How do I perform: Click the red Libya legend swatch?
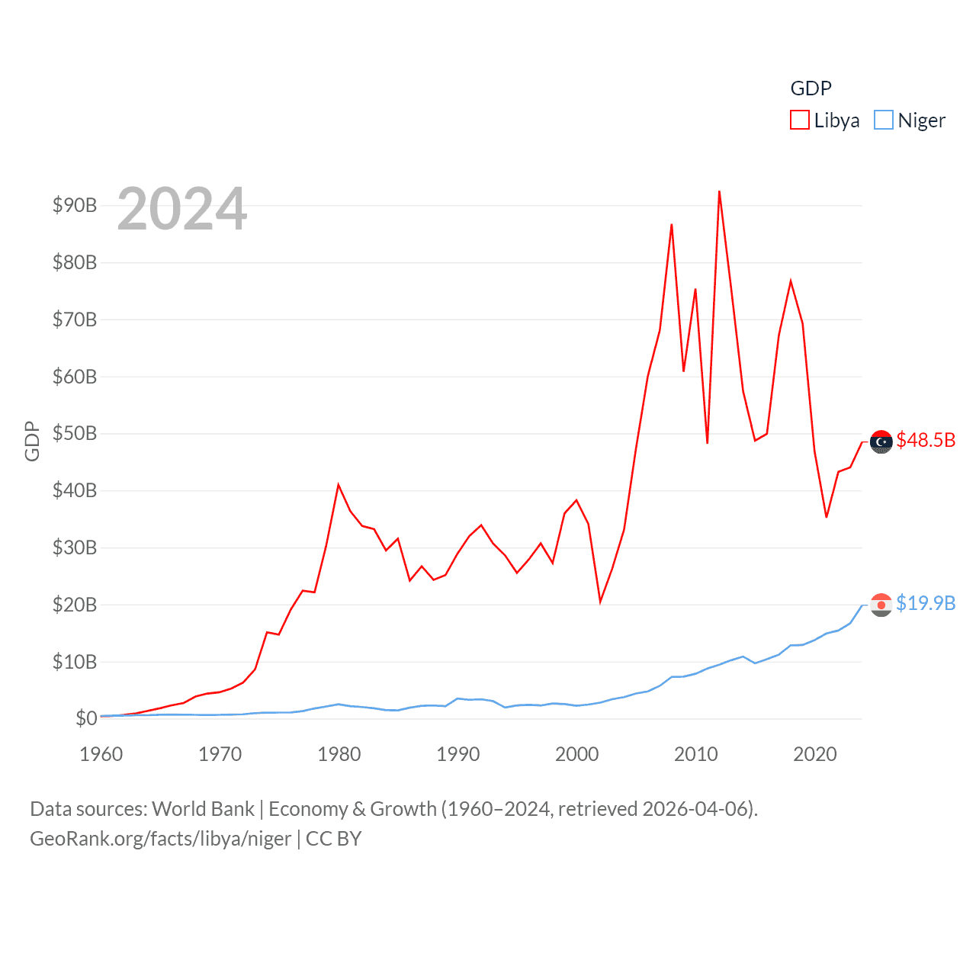pos(799,120)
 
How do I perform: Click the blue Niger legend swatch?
pos(883,120)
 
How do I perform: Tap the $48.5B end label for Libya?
pos(926,440)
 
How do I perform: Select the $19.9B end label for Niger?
pos(926,603)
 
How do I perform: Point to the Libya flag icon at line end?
pos(881,441)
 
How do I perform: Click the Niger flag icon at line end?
pos(881,605)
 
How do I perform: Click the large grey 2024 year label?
pos(182,209)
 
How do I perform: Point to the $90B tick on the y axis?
pos(75,205)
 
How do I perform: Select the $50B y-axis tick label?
pos(75,433)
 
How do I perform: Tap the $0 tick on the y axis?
pos(86,718)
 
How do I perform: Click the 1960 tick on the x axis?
pos(101,754)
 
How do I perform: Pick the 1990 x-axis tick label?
pos(458,754)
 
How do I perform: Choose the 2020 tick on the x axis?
pos(815,754)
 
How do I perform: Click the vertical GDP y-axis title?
pos(32,441)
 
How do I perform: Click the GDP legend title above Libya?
pos(811,88)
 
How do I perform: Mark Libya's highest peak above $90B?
pos(719,191)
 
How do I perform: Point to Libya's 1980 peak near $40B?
pos(339,485)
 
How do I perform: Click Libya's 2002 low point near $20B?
pos(600,602)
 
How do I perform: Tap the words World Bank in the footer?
pos(203,808)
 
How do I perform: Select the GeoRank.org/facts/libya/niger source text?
pos(161,839)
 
